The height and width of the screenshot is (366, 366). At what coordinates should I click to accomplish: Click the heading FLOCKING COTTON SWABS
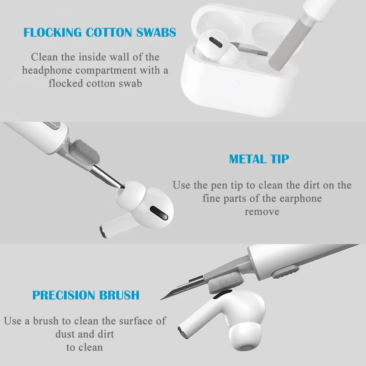pyautogui.click(x=100, y=32)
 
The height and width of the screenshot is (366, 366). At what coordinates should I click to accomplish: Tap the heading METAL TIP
pyautogui.click(x=259, y=159)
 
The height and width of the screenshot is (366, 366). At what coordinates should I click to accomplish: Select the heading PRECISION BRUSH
pyautogui.click(x=86, y=295)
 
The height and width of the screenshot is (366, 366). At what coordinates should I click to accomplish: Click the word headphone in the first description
pyautogui.click(x=47, y=70)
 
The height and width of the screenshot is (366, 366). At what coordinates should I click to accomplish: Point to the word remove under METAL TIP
pyautogui.click(x=262, y=212)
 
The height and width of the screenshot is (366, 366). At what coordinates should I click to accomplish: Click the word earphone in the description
pyautogui.click(x=300, y=198)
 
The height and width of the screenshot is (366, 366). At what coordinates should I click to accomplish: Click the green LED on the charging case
pyautogui.click(x=239, y=83)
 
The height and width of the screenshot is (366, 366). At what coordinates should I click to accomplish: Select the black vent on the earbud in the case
pyautogui.click(x=216, y=42)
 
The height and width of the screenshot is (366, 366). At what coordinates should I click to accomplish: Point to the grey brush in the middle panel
pyautogui.click(x=85, y=152)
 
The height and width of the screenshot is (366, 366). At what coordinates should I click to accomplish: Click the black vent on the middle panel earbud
pyautogui.click(x=159, y=213)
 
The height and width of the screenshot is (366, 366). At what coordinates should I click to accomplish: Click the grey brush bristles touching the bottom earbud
pyautogui.click(x=225, y=283)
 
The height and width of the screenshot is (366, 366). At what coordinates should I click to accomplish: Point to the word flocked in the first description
pyautogui.click(x=66, y=83)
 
